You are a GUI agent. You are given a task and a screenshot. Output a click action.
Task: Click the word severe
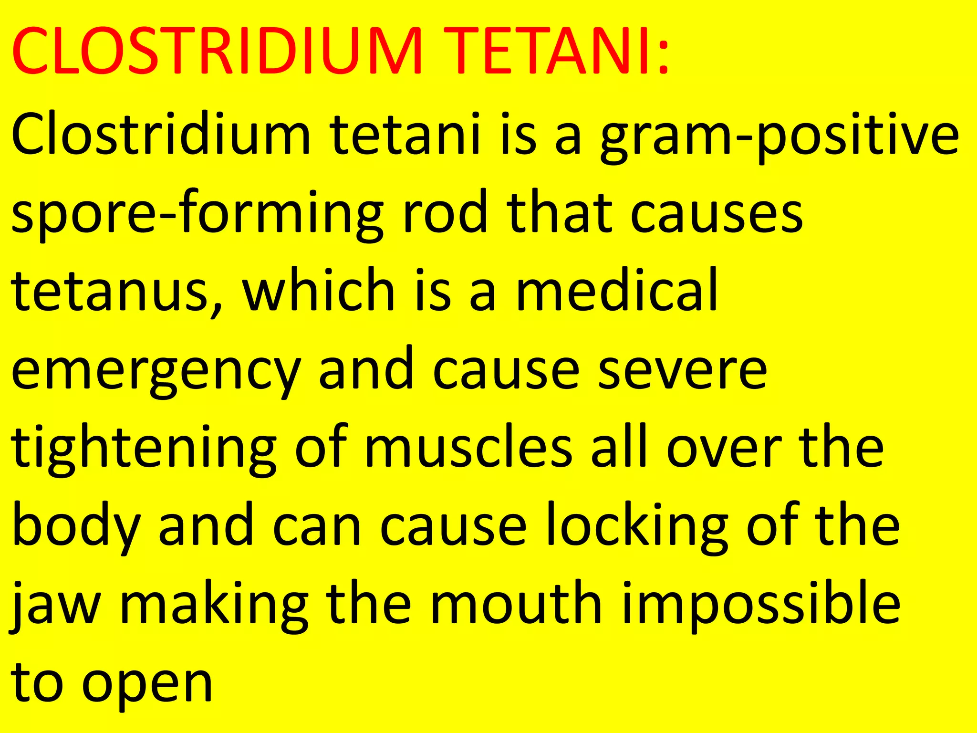(x=682, y=370)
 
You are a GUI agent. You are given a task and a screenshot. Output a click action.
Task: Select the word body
(x=76, y=527)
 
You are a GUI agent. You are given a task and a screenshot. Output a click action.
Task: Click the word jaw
(x=55, y=606)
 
